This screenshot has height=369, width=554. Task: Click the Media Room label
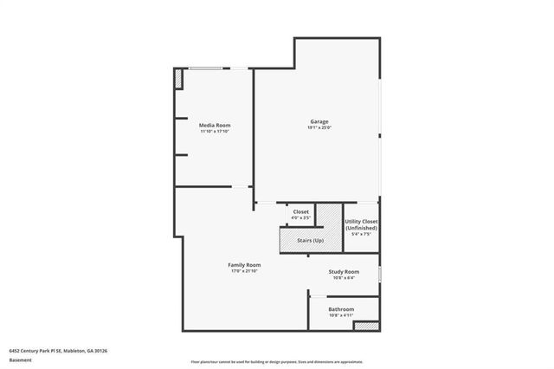point(215,125)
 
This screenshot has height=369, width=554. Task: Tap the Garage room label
point(319,121)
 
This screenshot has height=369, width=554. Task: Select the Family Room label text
point(244,265)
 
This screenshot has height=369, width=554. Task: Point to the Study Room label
point(344,272)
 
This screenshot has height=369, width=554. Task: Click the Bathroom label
point(341,309)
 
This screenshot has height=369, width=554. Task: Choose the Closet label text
point(301,211)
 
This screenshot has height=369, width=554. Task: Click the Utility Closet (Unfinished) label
point(361,224)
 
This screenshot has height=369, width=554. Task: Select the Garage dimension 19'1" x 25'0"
point(319,128)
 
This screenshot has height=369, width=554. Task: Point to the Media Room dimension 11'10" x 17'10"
point(215,132)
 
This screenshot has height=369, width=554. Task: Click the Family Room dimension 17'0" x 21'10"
point(244,271)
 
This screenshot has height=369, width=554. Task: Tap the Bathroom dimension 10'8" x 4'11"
point(341,315)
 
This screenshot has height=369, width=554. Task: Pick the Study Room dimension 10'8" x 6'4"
point(344,278)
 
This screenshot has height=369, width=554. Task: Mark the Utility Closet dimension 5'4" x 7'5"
point(361,234)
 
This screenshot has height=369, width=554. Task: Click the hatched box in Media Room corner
point(179,80)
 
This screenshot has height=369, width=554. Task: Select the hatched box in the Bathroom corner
point(366,326)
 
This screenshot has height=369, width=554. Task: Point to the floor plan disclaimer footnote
point(277,361)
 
